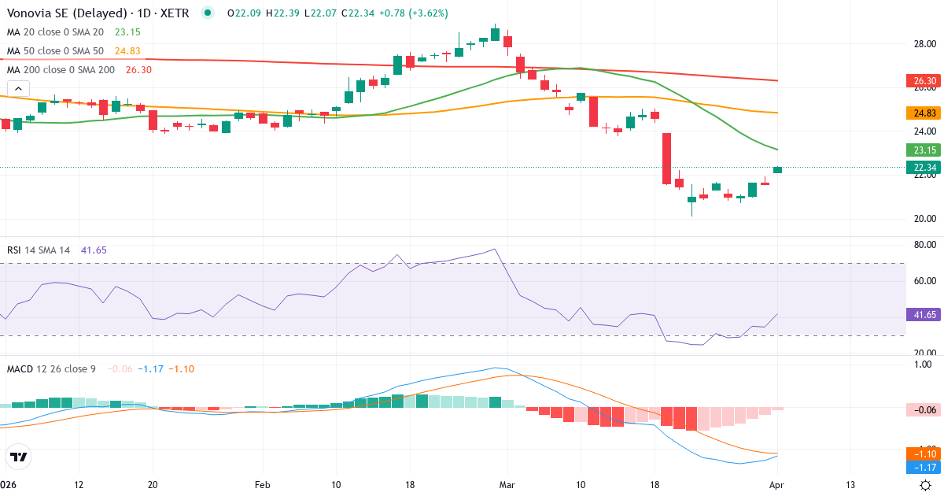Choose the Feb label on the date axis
[x=262, y=485]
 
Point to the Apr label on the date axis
[x=777, y=485]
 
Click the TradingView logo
[x=19, y=457]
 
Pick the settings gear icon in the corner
[x=926, y=485]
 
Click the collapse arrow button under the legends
[x=19, y=88]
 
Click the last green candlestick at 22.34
[x=778, y=169]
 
